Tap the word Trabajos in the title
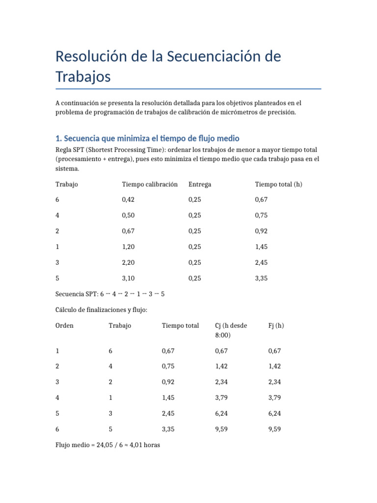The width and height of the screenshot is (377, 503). [83, 77]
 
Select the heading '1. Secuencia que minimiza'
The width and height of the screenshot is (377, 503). [147, 139]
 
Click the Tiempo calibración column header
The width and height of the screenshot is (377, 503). [150, 184]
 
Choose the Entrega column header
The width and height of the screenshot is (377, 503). [200, 184]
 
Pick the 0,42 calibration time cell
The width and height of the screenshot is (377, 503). [129, 200]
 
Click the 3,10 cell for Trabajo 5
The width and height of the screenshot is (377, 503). [129, 279]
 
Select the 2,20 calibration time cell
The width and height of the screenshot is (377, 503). [129, 263]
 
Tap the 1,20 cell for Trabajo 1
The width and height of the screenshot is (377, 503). [129, 247]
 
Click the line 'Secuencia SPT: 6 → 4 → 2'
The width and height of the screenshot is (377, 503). [110, 294]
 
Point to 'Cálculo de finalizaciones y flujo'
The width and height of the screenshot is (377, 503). [101, 310]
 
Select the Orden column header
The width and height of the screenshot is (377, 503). [64, 326]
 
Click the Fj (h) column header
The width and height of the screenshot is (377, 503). [276, 326]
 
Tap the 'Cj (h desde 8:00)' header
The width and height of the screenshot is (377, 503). [231, 330]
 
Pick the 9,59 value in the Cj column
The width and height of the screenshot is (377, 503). [222, 429]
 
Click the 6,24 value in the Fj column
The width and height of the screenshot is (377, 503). [275, 414]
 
